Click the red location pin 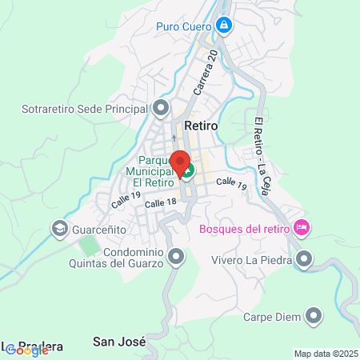[x=182, y=161]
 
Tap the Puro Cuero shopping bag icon [x=226, y=26]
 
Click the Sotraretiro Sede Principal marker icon [x=162, y=107]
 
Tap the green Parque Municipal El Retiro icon [x=186, y=170]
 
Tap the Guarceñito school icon [x=59, y=229]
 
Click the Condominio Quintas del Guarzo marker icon [x=176, y=257]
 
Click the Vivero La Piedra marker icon [x=304, y=258]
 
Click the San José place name [x=120, y=342]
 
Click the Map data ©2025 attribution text [x=324, y=354]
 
